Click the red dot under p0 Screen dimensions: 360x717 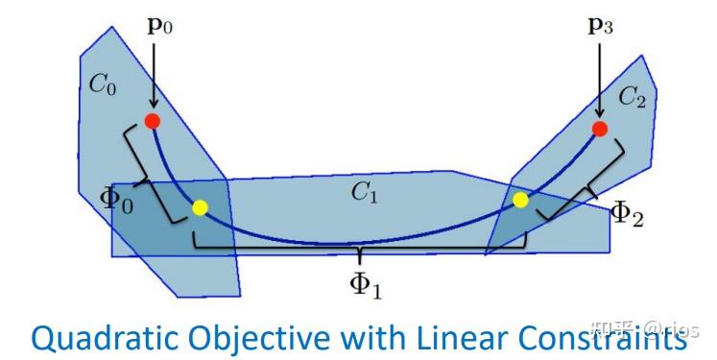pyautogui.click(x=152, y=121)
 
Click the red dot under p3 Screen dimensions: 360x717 pyautogui.click(x=600, y=129)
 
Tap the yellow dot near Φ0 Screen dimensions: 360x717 pyautogui.click(x=200, y=207)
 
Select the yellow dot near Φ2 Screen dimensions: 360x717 pyautogui.click(x=520, y=200)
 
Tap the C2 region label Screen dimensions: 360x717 pyautogui.click(x=633, y=95)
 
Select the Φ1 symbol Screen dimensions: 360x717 pyautogui.click(x=362, y=284)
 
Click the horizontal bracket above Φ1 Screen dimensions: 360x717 pyautogui.click(x=361, y=252)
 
